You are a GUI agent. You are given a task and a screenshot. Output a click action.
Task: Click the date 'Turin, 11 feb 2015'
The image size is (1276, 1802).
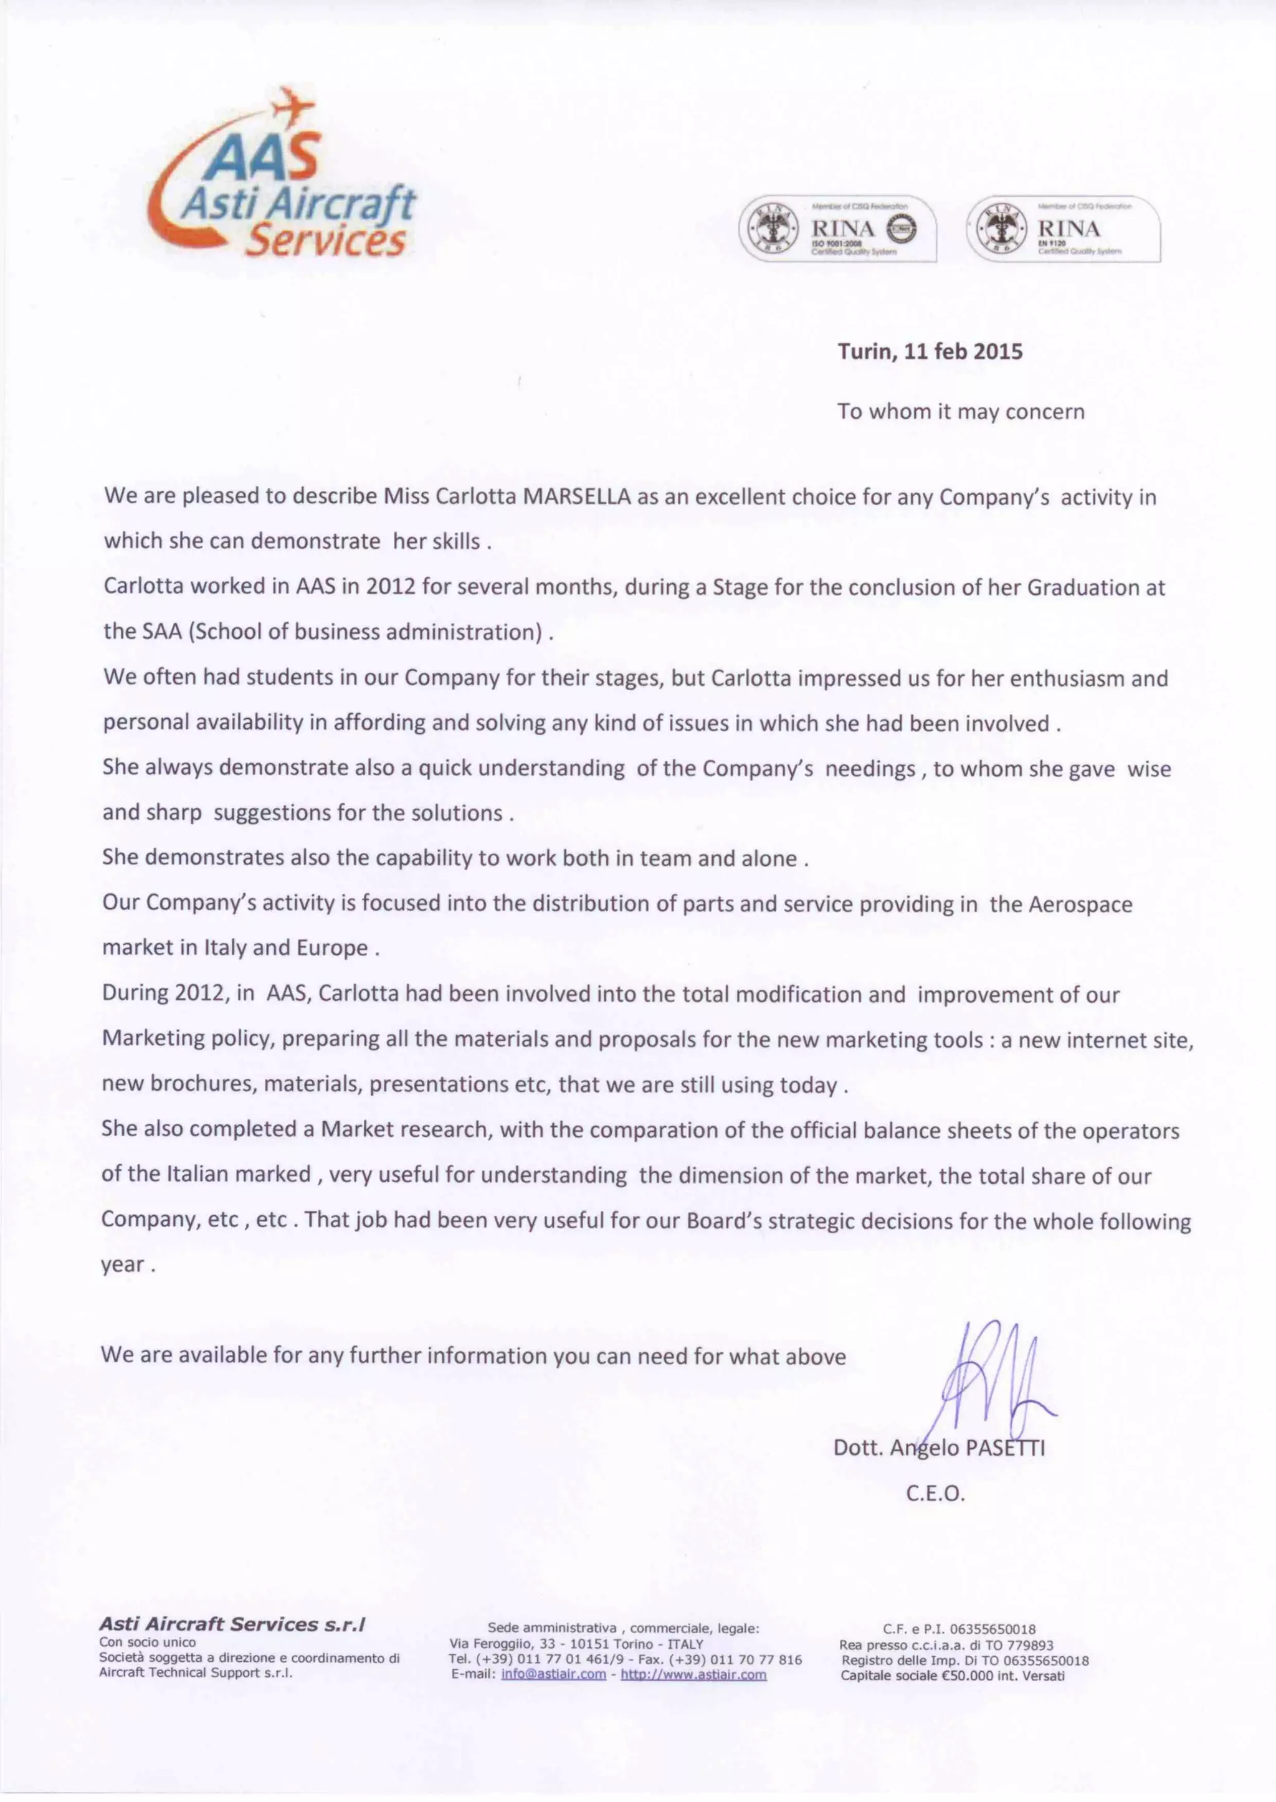[930, 351]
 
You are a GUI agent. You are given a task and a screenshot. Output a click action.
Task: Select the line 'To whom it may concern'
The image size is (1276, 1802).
[960, 412]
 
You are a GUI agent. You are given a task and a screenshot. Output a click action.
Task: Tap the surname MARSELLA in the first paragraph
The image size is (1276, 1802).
[578, 497]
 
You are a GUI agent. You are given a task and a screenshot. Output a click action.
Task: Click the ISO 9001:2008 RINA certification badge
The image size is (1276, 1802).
[837, 229]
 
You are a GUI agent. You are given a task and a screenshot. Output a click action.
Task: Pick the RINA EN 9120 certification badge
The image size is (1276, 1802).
[1063, 229]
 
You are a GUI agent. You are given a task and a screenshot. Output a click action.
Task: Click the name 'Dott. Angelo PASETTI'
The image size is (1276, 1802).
[939, 1448]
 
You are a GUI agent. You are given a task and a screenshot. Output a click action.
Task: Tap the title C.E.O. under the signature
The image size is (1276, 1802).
[935, 1493]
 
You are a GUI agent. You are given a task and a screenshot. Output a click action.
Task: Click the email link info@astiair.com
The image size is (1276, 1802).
[553, 1674]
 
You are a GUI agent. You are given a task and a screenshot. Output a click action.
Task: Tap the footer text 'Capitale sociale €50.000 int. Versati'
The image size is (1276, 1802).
[952, 1676]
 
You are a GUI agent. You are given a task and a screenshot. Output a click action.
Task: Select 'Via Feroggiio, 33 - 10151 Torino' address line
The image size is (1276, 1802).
[576, 1643]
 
